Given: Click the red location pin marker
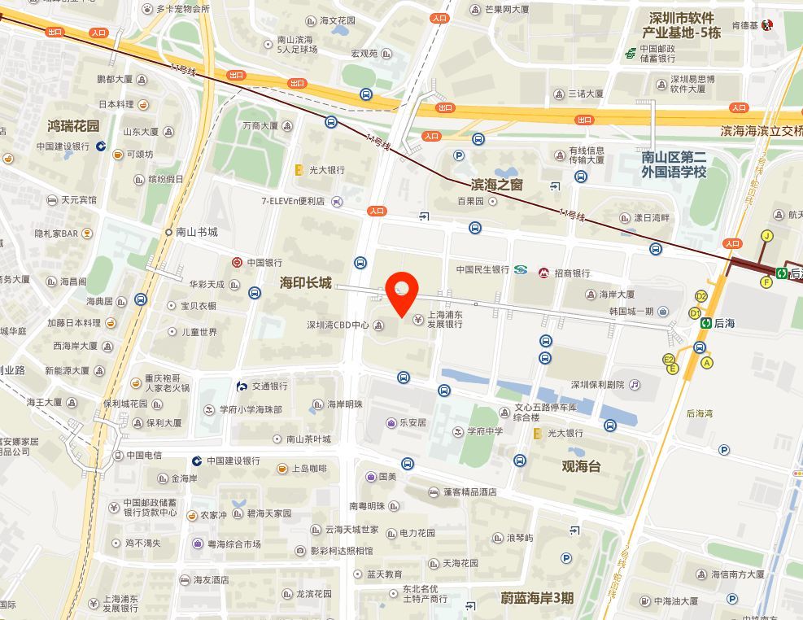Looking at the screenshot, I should [402, 293].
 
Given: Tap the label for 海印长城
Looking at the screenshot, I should [306, 282].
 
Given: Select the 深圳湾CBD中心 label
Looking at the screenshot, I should [338, 325].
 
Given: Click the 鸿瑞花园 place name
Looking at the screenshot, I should [73, 126].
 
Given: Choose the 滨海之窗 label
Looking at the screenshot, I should [497, 185].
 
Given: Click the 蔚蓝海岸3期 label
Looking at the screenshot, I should [537, 598].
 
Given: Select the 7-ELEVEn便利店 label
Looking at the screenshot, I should [293, 200].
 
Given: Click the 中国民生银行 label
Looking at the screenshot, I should [482, 269].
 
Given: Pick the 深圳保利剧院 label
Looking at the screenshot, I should [596, 384].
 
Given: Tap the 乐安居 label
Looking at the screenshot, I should [412, 423].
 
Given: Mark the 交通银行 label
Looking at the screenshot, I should [269, 386].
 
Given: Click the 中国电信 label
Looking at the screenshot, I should [145, 455].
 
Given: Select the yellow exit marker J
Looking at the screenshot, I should [766, 236].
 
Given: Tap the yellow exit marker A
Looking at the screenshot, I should [706, 362].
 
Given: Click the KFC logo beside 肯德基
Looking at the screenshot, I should [766, 25].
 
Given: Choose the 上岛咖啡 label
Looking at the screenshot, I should [309, 469].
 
